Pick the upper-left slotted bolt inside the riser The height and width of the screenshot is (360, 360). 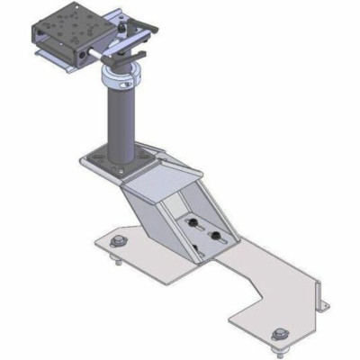click(x=191, y=220)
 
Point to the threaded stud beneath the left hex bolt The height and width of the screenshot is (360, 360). click(x=117, y=261)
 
